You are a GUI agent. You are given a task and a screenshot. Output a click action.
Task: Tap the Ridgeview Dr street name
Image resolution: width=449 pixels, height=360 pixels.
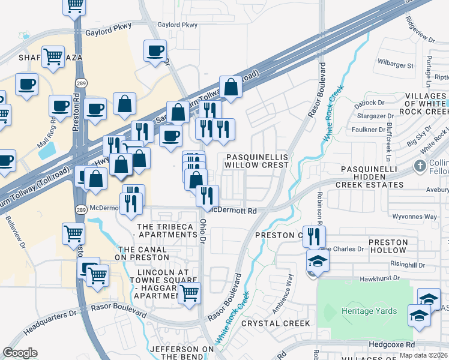click(419, 28)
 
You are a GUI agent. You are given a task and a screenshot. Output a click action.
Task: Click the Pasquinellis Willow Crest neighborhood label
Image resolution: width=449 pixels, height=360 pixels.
click(257, 160)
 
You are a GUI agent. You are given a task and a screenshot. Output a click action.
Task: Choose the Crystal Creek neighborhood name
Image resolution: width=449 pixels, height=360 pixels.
click(276, 323)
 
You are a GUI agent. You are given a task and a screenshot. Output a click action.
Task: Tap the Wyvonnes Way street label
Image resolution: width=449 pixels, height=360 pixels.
click(414, 217)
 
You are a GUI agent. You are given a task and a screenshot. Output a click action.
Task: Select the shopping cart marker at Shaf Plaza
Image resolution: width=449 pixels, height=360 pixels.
click(53, 57)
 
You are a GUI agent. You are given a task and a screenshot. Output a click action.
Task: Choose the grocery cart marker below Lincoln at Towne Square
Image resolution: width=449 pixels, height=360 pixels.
click(190, 293)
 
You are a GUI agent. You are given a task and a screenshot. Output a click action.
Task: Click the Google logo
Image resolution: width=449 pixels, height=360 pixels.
click(20, 353)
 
